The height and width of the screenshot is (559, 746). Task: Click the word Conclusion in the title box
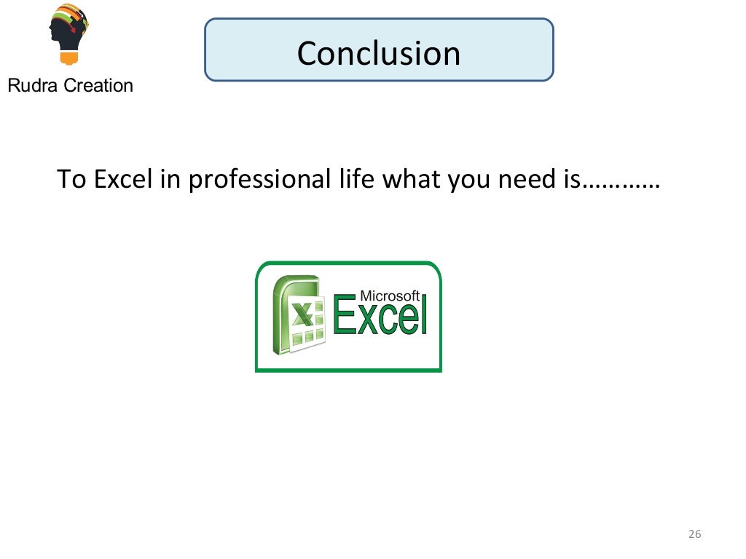coord(379,53)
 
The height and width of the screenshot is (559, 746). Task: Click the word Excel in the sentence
coord(122,179)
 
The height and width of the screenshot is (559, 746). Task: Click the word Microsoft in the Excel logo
coord(390,296)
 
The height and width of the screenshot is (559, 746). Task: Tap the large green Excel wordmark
coord(379,318)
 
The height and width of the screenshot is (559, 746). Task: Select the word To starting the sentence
coord(71,179)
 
